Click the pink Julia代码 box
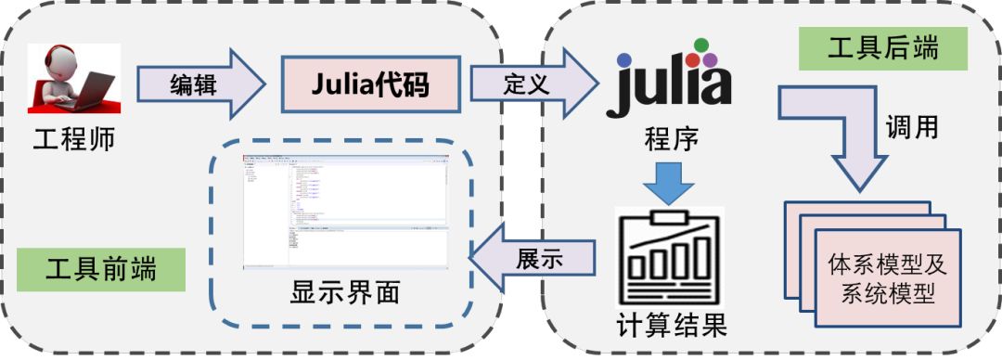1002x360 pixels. pyautogui.click(x=370, y=84)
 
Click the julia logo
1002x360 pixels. pyautogui.click(x=669, y=80)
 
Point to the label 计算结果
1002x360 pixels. pyautogui.click(x=671, y=326)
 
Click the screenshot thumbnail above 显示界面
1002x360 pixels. pyautogui.click(x=345, y=212)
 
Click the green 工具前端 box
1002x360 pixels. pyautogui.click(x=101, y=269)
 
